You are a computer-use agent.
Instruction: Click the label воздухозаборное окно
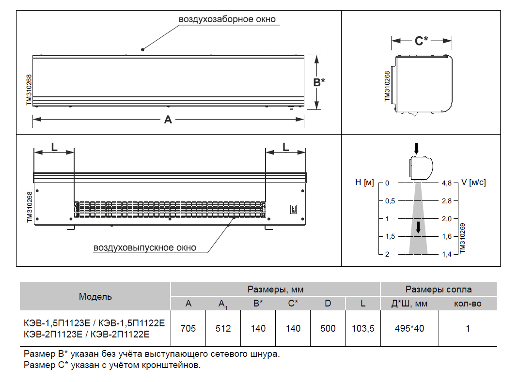227,19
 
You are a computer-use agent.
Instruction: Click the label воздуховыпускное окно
145,248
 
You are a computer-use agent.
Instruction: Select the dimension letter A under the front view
168,119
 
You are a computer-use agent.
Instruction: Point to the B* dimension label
319,82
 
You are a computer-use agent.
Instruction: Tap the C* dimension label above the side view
422,41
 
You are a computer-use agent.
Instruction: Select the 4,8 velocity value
446,183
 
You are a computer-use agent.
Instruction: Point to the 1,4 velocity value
446,254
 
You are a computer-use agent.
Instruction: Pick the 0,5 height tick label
390,201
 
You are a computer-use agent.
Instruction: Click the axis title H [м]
365,183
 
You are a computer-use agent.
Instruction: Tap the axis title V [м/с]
473,183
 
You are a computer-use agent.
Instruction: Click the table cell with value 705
188,328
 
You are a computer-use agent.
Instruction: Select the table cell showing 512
223,328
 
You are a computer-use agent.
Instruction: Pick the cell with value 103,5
363,328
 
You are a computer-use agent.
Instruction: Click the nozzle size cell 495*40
409,328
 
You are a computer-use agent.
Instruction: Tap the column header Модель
95,296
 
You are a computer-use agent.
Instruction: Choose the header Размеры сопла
439,290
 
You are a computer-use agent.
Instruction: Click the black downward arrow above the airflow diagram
416,148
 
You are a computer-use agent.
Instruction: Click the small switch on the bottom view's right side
293,209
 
